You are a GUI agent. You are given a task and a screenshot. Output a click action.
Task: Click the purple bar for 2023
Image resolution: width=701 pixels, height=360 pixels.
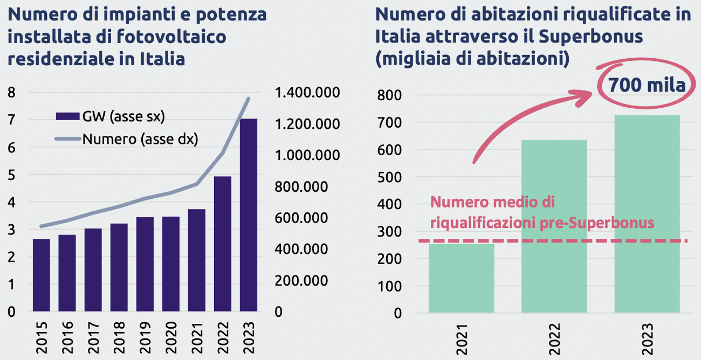pyautogui.click(x=248, y=216)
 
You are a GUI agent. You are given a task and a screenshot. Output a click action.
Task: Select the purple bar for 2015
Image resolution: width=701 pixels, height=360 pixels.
pyautogui.click(x=41, y=275)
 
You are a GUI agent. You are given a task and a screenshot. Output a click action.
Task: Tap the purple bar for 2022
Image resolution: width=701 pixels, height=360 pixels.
pyautogui.click(x=222, y=244)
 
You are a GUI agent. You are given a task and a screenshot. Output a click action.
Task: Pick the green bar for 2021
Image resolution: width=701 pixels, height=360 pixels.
pyautogui.click(x=461, y=278)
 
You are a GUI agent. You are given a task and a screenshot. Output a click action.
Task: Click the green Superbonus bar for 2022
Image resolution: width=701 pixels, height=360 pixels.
pyautogui.click(x=554, y=226)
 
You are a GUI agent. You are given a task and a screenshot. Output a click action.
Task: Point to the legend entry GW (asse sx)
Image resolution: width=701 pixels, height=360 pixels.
pyautogui.click(x=111, y=116)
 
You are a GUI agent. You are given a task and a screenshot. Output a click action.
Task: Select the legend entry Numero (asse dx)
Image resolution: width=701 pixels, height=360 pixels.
pyautogui.click(x=127, y=140)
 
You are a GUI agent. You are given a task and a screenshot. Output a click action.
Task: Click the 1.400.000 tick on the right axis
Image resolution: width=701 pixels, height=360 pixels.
pyautogui.click(x=307, y=93)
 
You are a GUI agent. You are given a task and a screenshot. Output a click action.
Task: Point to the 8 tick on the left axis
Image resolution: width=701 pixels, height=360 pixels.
pyautogui.click(x=11, y=93)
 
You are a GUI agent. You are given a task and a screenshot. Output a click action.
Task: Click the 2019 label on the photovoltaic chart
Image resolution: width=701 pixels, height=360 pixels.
pyautogui.click(x=145, y=336)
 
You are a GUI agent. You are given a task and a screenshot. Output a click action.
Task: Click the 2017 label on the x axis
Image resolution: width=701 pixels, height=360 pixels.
pyautogui.click(x=93, y=336)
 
